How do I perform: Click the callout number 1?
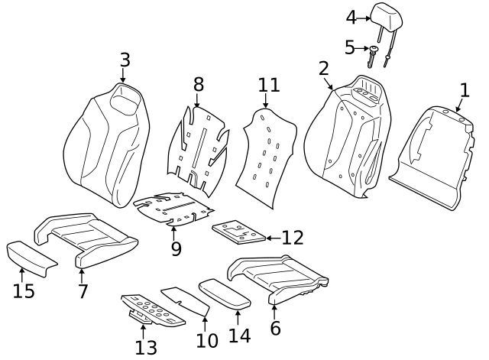tap(465, 90)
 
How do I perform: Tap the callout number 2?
tap(324, 68)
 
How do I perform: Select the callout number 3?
tap(125, 60)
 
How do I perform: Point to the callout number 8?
tap(198, 84)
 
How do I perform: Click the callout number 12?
tap(292, 238)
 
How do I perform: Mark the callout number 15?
tap(24, 291)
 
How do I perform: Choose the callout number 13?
tap(145, 347)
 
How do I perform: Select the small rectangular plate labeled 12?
tap(238, 233)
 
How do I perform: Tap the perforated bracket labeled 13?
tap(153, 310)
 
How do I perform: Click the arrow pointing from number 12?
tap(272, 238)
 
